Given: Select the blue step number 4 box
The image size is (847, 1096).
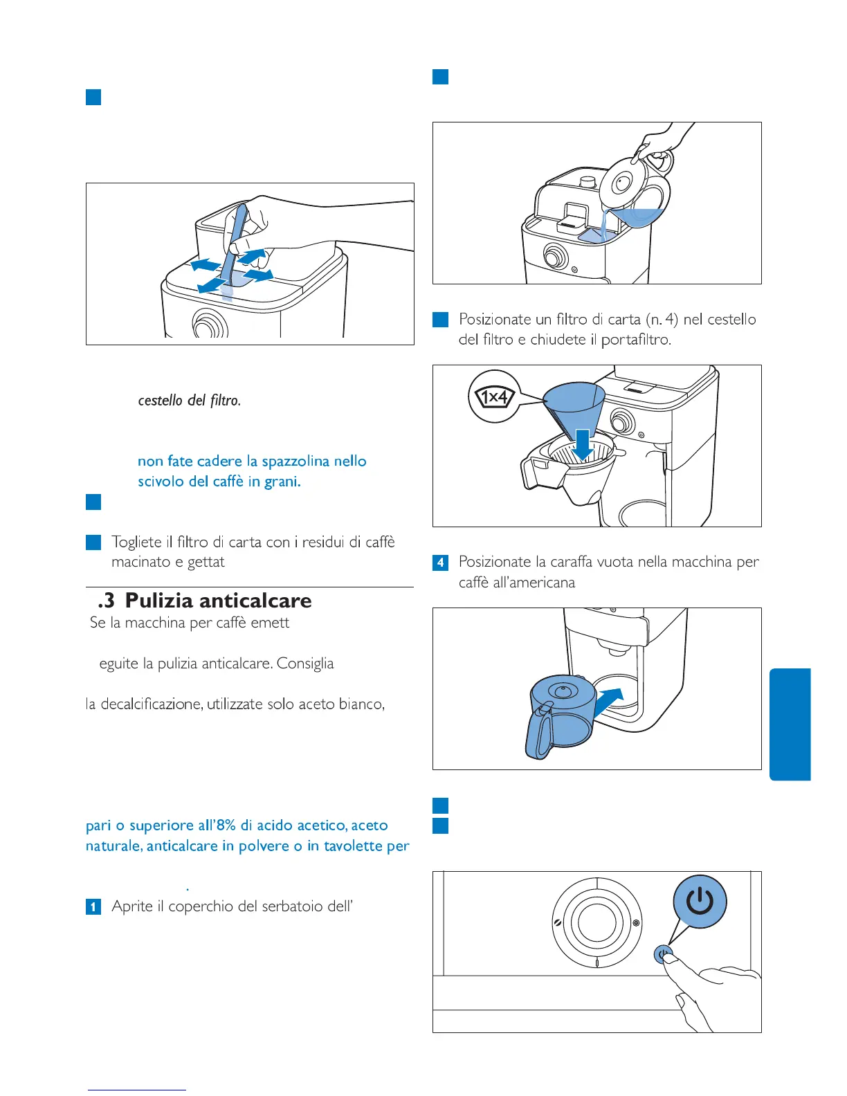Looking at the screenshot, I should (440, 563).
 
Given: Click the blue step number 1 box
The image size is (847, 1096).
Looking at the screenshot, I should (93, 906).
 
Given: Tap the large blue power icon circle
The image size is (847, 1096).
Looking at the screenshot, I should (700, 902).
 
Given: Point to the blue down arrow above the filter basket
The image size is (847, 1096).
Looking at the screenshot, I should (583, 444).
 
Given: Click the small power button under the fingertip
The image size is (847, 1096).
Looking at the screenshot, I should (662, 956).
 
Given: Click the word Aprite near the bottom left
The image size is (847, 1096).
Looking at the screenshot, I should (132, 906).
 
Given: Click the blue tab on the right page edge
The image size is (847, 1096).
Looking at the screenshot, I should (790, 724).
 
